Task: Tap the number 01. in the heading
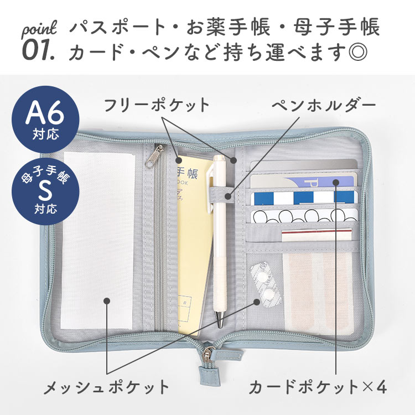click(39, 50)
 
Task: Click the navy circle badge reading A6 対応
click(45, 120)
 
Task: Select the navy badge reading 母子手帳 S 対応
click(45, 191)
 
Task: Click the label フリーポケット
click(157, 105)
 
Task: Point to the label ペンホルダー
click(324, 105)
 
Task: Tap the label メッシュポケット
click(106, 387)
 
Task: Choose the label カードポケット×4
click(318, 387)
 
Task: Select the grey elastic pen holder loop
click(221, 195)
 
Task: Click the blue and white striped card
click(304, 198)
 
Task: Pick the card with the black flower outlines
click(304, 216)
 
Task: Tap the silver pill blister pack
click(265, 284)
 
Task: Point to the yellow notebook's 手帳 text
click(188, 173)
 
